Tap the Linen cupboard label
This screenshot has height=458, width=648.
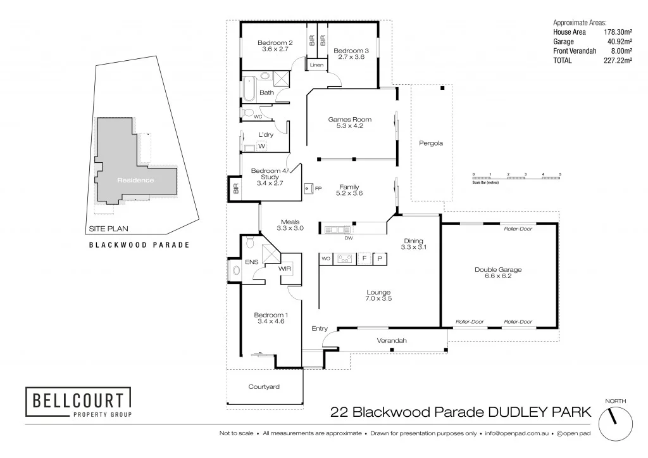point(316,65)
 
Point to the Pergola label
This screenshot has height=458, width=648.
point(431,143)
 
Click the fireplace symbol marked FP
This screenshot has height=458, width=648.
point(309,188)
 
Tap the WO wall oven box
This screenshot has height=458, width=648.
point(326,258)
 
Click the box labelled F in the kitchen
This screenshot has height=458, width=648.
point(364,258)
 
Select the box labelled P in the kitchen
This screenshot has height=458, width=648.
point(380,258)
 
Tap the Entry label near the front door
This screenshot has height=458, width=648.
point(320,328)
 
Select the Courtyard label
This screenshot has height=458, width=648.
point(264,386)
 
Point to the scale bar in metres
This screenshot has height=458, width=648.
point(516,177)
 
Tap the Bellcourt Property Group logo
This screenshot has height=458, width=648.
point(78,402)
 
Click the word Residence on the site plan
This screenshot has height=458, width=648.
point(135,180)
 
